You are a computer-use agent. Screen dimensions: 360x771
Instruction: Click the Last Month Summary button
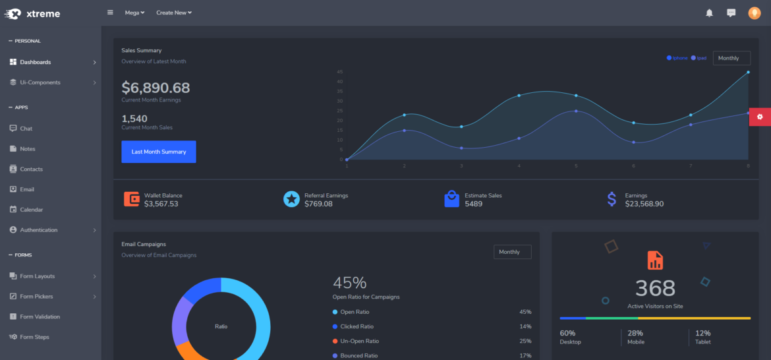pyautogui.click(x=158, y=152)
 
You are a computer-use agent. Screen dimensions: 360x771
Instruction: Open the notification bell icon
pyautogui.click(x=709, y=13)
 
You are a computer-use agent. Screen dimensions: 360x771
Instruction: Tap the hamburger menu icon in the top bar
pyautogui.click(x=110, y=13)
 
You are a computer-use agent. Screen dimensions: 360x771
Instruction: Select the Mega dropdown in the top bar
pyautogui.click(x=134, y=13)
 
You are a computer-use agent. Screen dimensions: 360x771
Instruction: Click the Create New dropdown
pyautogui.click(x=174, y=13)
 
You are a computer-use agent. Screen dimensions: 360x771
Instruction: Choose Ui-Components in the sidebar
pyautogui.click(x=40, y=82)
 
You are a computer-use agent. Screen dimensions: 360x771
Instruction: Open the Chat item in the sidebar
pyautogui.click(x=26, y=129)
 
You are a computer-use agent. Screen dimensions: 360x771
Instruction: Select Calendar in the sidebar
pyautogui.click(x=31, y=210)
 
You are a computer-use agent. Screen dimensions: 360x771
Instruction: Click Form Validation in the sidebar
pyautogui.click(x=40, y=316)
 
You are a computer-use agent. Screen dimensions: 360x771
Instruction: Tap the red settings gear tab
pyautogui.click(x=760, y=117)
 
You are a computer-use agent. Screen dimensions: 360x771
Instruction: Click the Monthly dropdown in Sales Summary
pyautogui.click(x=731, y=58)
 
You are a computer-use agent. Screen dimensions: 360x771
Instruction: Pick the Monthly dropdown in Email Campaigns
pyautogui.click(x=512, y=252)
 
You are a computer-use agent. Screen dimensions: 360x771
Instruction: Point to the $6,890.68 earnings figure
pyautogui.click(x=156, y=88)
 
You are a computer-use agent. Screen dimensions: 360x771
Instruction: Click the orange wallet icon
pyautogui.click(x=132, y=199)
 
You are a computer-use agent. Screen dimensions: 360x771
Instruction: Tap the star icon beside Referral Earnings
pyautogui.click(x=291, y=199)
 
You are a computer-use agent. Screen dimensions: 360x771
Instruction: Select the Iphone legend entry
pyautogui.click(x=677, y=58)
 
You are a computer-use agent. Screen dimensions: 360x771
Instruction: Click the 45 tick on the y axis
pyautogui.click(x=339, y=72)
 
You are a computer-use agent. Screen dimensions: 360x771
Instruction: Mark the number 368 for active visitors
pyautogui.click(x=655, y=288)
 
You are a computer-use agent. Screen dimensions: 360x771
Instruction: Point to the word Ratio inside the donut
pyautogui.click(x=221, y=326)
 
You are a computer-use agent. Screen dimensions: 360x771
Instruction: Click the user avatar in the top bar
pyautogui.click(x=754, y=13)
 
